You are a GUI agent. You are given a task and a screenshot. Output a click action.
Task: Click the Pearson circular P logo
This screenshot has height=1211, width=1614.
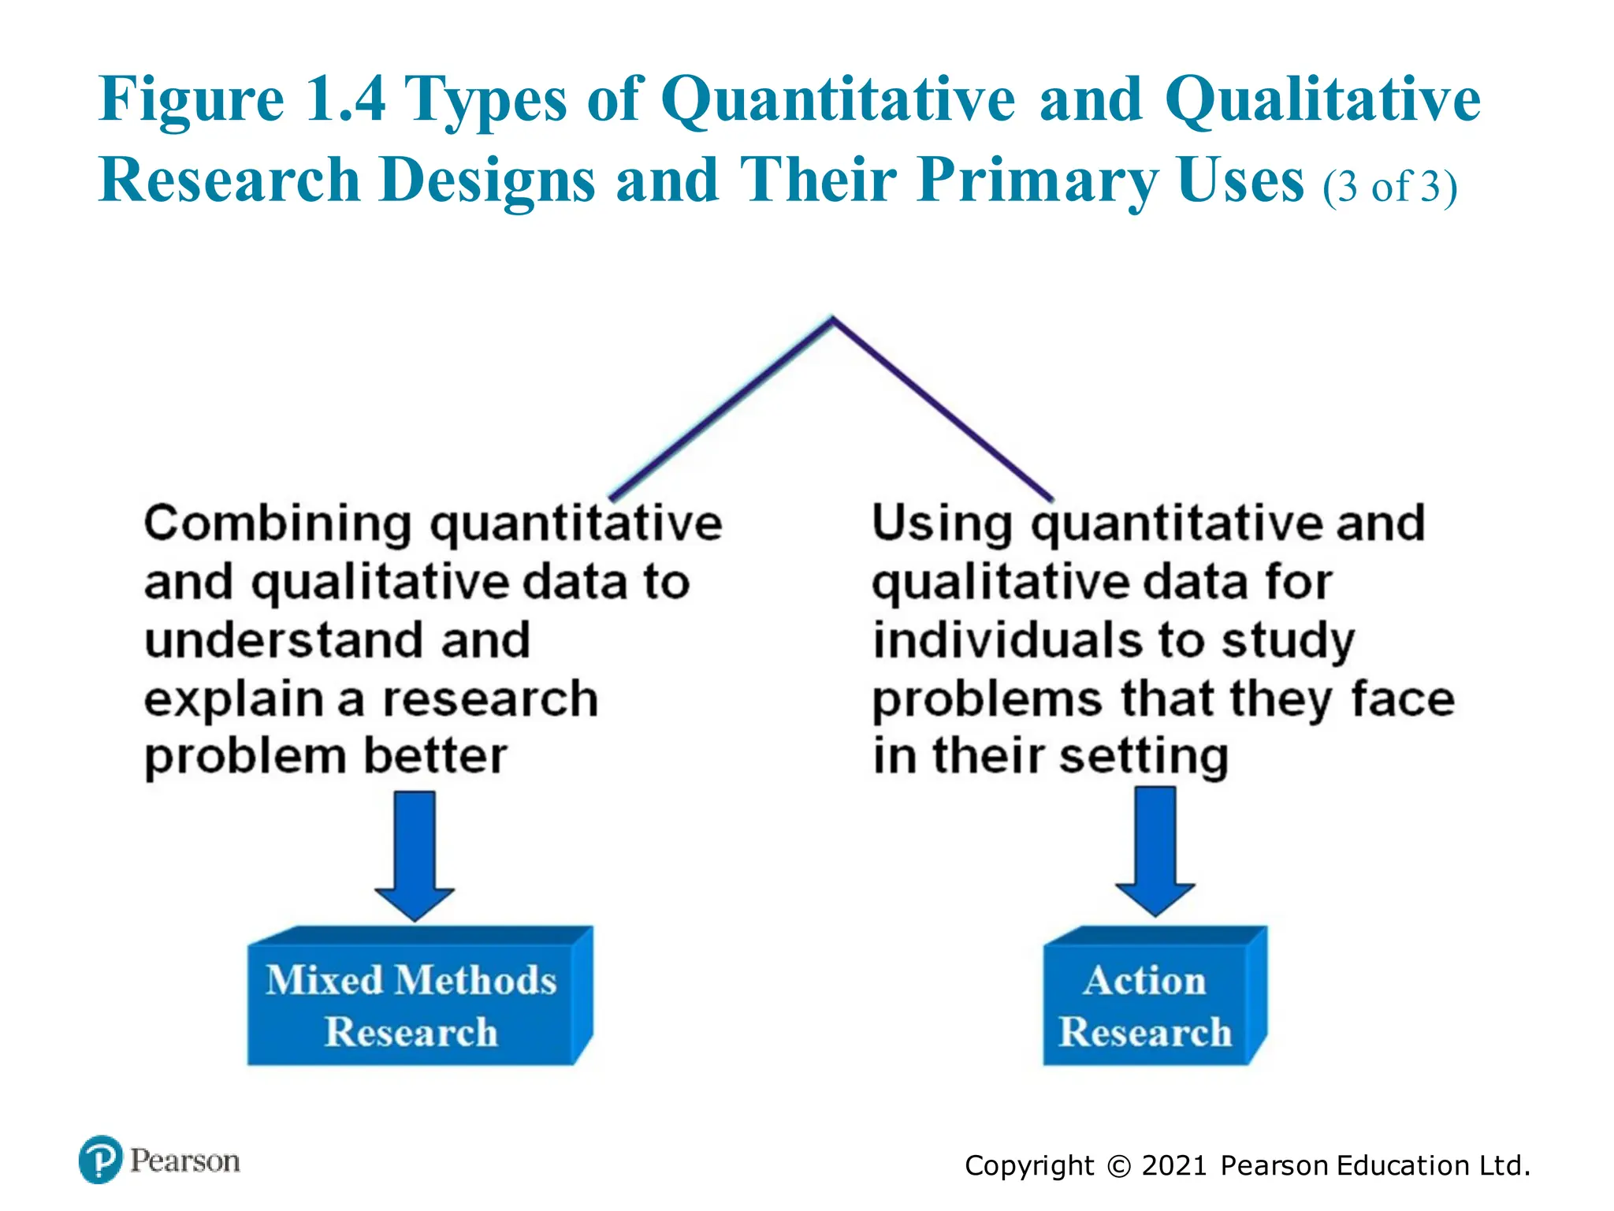101,1160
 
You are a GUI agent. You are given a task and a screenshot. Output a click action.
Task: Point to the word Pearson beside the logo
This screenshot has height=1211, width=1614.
184,1161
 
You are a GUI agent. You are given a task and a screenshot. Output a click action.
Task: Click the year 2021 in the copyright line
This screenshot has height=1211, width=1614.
1173,1165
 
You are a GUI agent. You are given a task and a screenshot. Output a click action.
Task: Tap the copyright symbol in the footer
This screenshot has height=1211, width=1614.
1118,1166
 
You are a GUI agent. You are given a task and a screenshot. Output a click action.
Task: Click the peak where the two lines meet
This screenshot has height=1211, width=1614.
832,319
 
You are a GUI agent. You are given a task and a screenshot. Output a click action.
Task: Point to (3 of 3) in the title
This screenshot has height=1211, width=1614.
1389,187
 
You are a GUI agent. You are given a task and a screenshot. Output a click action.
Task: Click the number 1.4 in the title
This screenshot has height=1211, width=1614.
345,99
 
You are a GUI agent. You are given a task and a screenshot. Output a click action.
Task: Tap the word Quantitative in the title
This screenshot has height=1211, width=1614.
838,99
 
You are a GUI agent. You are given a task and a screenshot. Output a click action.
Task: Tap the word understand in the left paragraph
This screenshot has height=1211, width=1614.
284,639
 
